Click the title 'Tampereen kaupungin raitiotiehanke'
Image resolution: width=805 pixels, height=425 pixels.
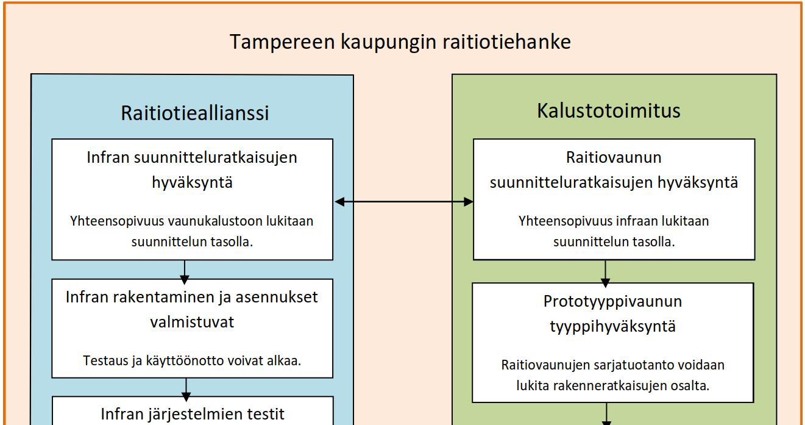(400, 42)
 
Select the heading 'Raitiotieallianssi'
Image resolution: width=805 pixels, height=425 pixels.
(195, 113)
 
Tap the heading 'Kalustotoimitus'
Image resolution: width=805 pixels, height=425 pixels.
(608, 110)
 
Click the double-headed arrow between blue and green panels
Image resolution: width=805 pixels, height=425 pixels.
(403, 202)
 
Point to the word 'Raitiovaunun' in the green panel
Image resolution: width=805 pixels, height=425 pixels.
(614, 157)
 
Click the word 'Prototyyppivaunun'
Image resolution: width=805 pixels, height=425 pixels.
(612, 302)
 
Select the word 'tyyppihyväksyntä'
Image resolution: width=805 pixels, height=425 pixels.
(612, 327)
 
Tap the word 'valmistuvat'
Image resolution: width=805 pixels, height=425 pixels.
(192, 322)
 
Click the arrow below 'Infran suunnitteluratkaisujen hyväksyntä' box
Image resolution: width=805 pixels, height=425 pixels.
(185, 272)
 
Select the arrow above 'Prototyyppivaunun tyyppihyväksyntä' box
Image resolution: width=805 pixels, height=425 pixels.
(605, 274)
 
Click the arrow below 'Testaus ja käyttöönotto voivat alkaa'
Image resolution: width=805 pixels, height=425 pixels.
(186, 390)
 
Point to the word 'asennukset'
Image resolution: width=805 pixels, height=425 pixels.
(277, 298)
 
